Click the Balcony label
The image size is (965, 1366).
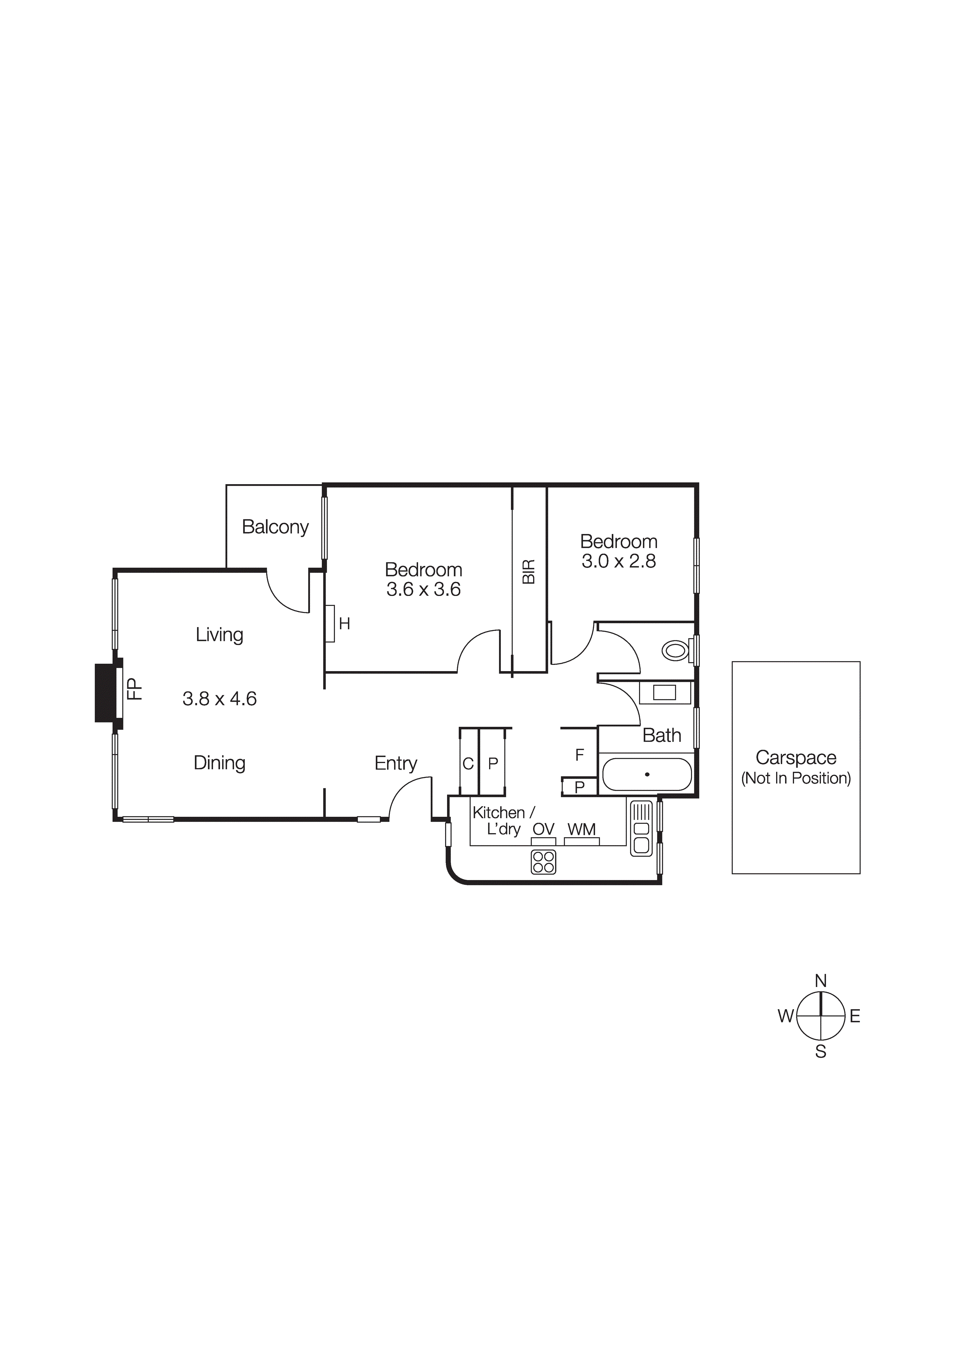point(275,527)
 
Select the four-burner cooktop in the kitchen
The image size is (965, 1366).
point(543,862)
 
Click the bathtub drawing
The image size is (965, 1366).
point(647,774)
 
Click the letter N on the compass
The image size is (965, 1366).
point(821,981)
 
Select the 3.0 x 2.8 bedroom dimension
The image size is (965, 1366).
point(619,561)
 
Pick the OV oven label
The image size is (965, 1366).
point(543,829)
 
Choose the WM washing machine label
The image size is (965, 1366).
point(581,829)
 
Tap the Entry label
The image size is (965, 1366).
point(396,763)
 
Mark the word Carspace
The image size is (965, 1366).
point(796,757)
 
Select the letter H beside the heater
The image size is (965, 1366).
point(345,624)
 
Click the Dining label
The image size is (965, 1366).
point(220,763)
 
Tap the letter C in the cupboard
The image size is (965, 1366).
point(468,763)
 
